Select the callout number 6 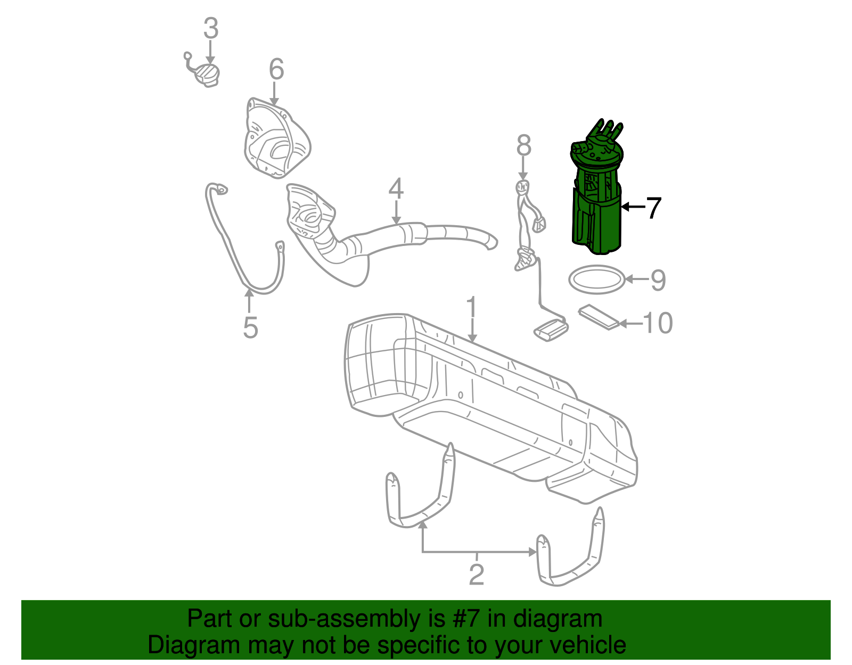276,69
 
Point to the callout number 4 396,188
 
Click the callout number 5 250,327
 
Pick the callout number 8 524,145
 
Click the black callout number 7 653,208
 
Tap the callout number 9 658,280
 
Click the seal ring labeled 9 596,279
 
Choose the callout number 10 658,323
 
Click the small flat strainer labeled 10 599,317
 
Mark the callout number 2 476,574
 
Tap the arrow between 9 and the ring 636,278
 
